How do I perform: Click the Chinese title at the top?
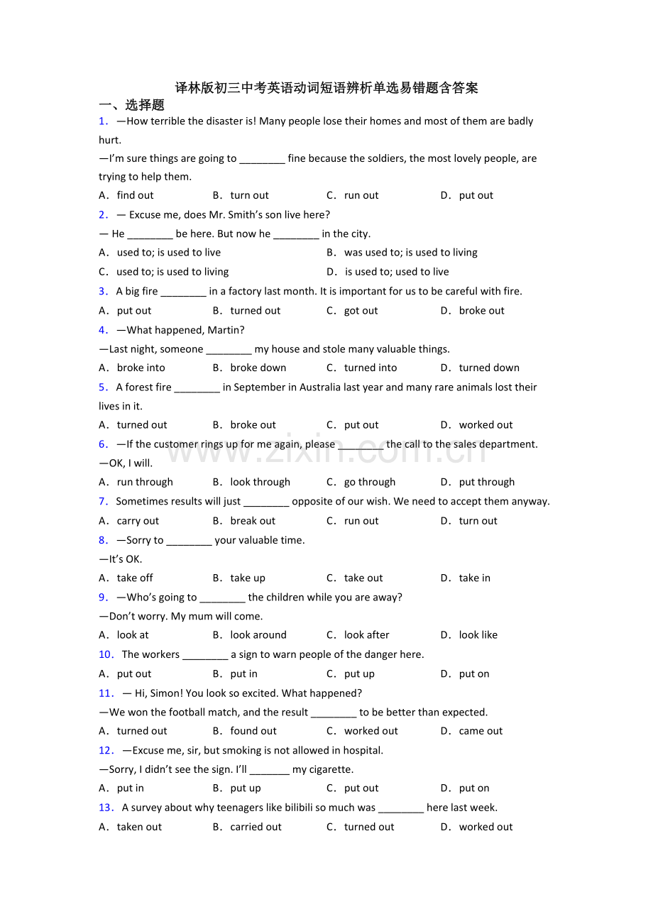point(326,88)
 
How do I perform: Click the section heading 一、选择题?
point(132,105)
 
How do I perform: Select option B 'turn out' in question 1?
point(249,196)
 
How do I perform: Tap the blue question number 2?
point(104,215)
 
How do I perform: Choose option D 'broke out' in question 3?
point(481,311)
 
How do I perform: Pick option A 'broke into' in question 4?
point(141,368)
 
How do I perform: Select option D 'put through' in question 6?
point(486,483)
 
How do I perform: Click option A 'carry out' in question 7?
point(138,521)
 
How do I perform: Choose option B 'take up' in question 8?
point(247,578)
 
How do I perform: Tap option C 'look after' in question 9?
point(366,635)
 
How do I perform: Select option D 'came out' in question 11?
point(481,731)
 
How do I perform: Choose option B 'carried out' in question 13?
point(256,827)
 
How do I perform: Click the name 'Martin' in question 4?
point(224,330)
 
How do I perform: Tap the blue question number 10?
point(106,655)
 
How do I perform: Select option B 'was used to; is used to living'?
point(410,253)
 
